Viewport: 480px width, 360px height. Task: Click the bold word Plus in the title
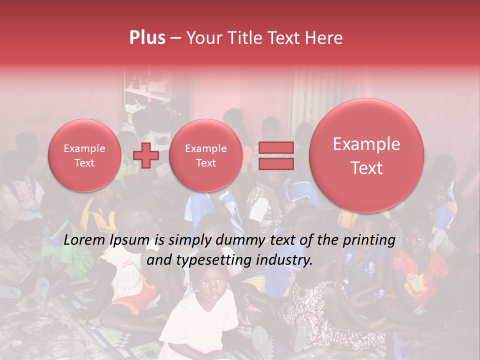tap(147, 38)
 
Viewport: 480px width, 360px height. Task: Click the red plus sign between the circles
tap(146, 155)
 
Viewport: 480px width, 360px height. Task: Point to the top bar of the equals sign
tap(275, 147)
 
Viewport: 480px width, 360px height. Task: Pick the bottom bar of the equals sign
tap(275, 163)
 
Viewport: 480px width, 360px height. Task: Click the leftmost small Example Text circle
tap(84, 155)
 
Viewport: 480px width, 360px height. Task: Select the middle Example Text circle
tap(205, 155)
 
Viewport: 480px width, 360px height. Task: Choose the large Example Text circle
tap(366, 155)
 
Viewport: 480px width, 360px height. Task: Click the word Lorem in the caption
tap(83, 240)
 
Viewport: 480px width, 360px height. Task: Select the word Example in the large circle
tap(366, 144)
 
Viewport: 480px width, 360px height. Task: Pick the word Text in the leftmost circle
tap(84, 163)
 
